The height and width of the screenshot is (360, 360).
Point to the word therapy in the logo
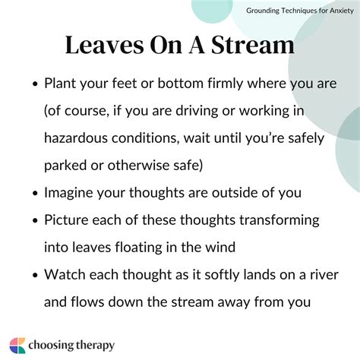click(x=92, y=345)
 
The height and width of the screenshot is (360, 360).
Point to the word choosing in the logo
click(x=51, y=345)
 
